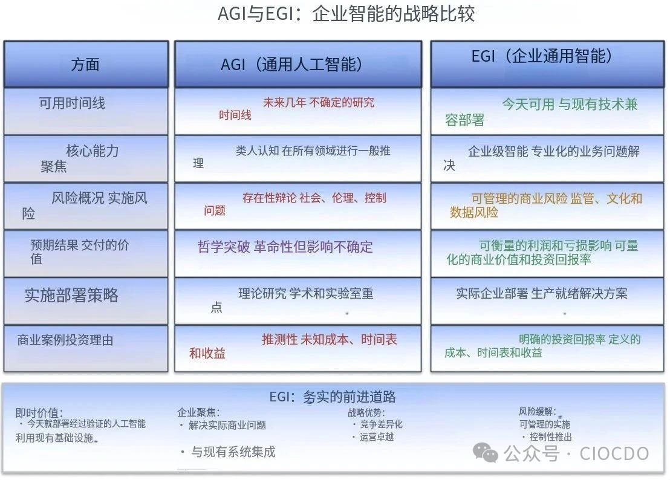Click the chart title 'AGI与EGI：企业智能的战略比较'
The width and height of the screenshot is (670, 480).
click(346, 14)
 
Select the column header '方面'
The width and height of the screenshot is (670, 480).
click(85, 65)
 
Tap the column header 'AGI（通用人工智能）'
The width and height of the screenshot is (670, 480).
click(291, 65)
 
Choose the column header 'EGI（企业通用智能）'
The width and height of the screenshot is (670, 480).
click(541, 56)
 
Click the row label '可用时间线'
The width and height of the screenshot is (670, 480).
click(72, 103)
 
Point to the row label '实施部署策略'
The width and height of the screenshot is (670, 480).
click(71, 295)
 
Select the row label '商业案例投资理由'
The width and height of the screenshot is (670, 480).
click(65, 340)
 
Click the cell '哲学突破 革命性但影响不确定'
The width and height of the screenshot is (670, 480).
click(285, 247)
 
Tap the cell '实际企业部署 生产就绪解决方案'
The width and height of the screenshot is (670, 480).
click(542, 293)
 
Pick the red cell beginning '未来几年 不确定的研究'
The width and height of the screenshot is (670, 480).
click(296, 108)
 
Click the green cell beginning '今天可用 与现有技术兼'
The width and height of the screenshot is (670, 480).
click(541, 112)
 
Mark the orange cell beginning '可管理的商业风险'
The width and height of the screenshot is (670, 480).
click(545, 205)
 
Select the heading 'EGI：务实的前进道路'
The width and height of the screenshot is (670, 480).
click(333, 397)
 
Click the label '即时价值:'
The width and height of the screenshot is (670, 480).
click(39, 413)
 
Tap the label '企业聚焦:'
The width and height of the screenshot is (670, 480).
click(198, 412)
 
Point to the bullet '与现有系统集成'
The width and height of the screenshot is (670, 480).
click(233, 452)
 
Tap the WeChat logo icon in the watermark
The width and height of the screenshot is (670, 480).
click(486, 453)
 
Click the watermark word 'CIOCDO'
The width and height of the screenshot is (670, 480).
click(614, 453)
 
